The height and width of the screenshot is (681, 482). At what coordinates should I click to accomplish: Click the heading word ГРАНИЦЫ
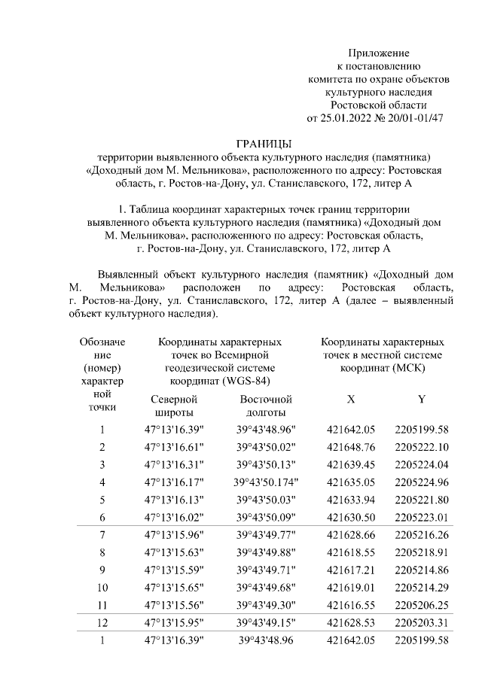(x=263, y=143)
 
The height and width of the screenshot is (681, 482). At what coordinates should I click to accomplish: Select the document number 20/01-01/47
(x=415, y=117)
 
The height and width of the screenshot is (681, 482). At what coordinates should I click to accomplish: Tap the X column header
(x=350, y=398)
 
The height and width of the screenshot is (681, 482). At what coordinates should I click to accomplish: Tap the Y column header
(x=421, y=398)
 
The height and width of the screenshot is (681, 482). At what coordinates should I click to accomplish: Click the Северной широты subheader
(x=175, y=406)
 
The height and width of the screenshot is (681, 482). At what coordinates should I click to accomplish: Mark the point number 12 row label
(x=102, y=623)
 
